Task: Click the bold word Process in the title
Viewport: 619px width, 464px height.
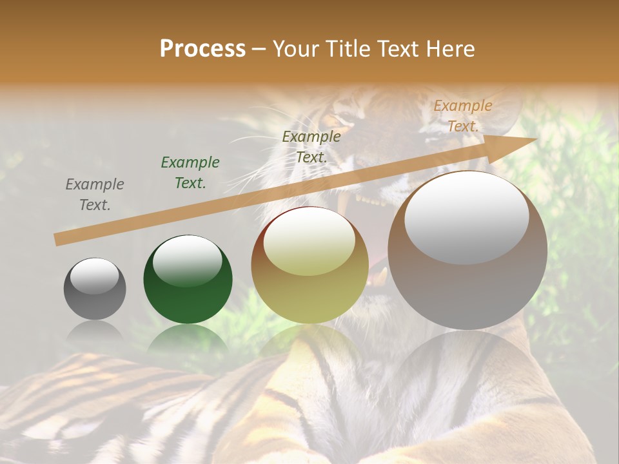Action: coord(202,48)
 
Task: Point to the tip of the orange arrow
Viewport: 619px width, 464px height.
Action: coord(535,139)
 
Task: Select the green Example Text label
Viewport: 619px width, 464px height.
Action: coord(190,173)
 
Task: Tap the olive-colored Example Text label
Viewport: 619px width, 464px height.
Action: coord(311,146)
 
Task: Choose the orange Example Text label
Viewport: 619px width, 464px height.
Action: coord(462,116)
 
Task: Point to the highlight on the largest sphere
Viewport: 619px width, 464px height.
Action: coord(466,218)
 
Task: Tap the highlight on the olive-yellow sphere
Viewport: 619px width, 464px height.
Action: coord(309,242)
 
